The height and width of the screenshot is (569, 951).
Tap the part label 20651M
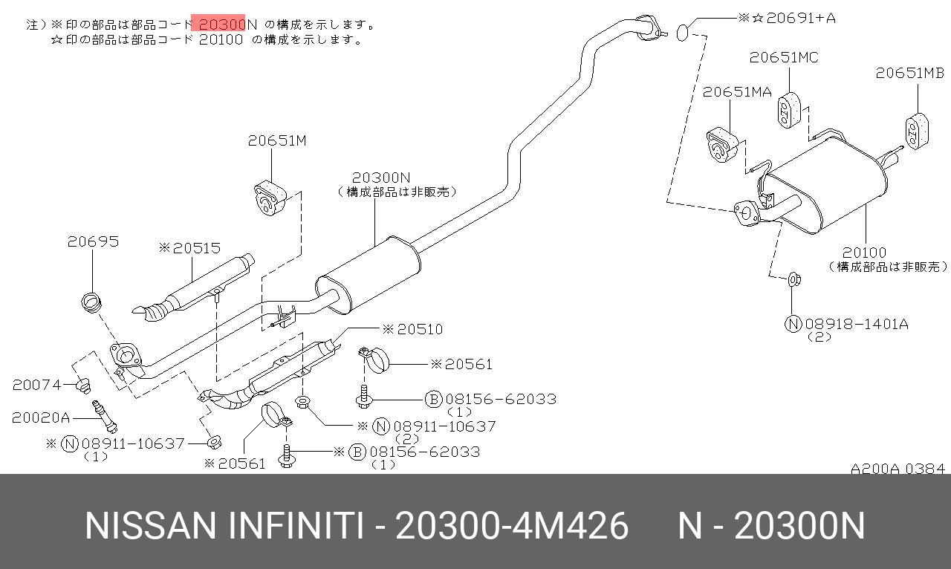277,140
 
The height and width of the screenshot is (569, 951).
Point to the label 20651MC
784,57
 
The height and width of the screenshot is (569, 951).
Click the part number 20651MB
909,73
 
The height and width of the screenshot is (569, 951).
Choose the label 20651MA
738,91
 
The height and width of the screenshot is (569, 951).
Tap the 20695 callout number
93,242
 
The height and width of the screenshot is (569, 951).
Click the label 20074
37,385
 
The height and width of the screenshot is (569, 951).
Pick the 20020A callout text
40,417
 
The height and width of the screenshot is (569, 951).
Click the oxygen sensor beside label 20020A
103,414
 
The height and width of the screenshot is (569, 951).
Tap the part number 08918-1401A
857,324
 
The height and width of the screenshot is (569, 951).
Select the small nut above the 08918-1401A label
793,279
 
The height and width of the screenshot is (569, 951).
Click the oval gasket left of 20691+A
684,32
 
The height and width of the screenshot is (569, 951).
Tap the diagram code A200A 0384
898,469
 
